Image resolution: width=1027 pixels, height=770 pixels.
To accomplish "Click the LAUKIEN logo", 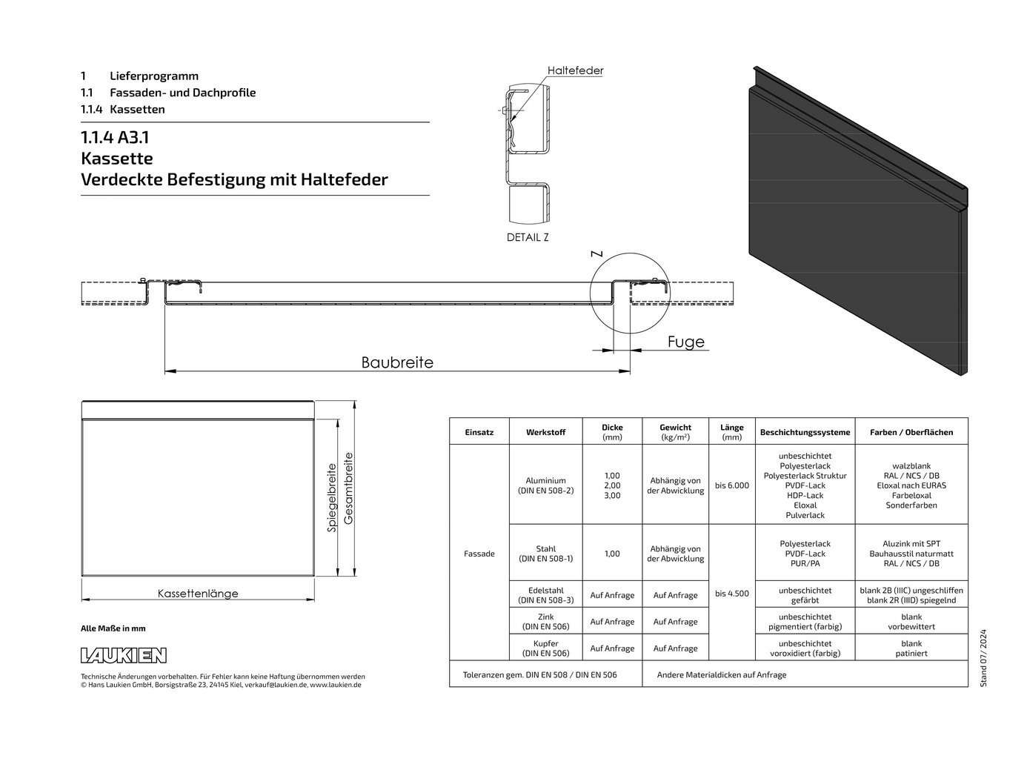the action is pos(124,655).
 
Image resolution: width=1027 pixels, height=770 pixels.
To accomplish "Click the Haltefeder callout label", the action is pos(575,70).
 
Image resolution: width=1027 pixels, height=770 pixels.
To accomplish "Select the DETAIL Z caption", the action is pos(528,237).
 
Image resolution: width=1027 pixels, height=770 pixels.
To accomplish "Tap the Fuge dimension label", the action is pos(685,342).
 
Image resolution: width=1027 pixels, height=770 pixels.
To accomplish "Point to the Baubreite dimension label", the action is pos(397,362).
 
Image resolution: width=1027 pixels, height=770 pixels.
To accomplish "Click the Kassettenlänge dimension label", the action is pos(198,594).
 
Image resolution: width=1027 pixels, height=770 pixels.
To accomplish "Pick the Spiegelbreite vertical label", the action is pos(332,497).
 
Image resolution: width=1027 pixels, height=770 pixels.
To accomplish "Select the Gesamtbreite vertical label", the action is pos(348,488).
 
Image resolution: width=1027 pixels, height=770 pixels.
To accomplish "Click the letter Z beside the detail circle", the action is pos(596,253).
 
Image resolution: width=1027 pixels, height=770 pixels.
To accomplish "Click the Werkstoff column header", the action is pos(545,432).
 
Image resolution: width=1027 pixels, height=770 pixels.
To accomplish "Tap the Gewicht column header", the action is pos(675,432).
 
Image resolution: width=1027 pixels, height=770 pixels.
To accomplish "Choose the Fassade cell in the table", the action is pos(479,554).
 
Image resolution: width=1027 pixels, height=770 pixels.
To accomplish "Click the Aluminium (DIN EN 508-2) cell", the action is pos(545,485).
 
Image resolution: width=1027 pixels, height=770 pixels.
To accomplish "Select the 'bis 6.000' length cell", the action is pos(732,485).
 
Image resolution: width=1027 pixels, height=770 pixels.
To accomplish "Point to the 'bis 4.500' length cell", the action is pos(732,594).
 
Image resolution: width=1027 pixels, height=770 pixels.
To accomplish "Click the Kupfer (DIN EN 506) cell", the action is pos(545,648).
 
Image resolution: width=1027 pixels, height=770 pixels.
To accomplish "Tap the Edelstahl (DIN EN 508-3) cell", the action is pos(545,595).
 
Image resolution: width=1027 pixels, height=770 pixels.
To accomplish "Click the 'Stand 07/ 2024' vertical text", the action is pos(983,658).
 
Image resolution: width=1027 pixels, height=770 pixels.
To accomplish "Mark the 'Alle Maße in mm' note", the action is pos(113,628).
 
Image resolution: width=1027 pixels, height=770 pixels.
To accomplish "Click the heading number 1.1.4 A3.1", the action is pos(115,137).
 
